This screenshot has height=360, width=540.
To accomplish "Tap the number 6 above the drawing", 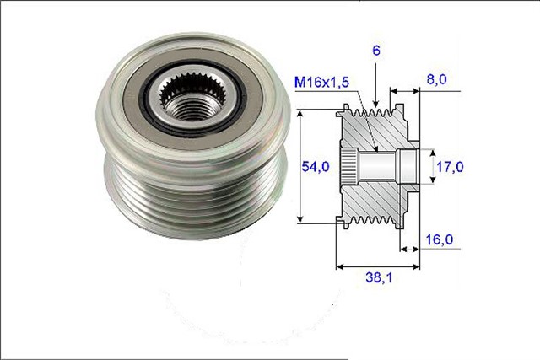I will (x=375, y=51).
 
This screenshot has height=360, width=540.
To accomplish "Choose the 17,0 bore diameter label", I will (x=448, y=167).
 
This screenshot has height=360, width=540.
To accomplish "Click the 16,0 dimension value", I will (x=438, y=240).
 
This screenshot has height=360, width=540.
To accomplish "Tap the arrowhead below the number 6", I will (x=375, y=107).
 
